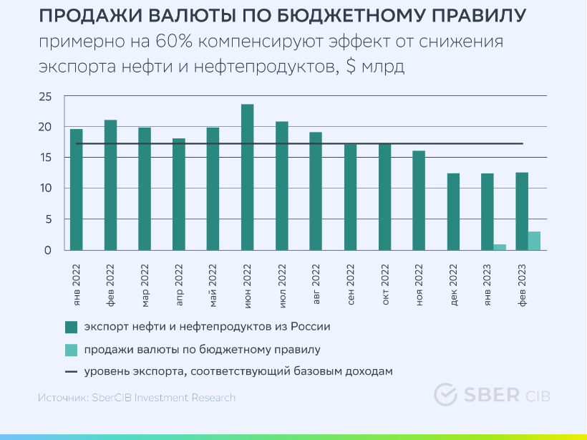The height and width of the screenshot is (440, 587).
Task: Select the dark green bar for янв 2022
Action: [76, 189]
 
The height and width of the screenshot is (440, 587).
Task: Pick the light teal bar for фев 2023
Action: [534, 241]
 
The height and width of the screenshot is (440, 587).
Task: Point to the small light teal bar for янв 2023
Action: [500, 247]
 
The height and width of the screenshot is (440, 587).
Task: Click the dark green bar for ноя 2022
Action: [419, 200]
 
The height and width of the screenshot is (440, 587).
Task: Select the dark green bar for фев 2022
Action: [110, 185]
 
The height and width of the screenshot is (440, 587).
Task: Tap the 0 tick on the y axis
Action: [48, 250]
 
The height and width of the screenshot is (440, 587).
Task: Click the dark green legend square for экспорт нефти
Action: [70, 327]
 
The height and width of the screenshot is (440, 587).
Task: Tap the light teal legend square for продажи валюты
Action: [70, 350]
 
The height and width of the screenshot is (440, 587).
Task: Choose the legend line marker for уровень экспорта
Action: [70, 372]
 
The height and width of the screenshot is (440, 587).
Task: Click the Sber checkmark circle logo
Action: [446, 395]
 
